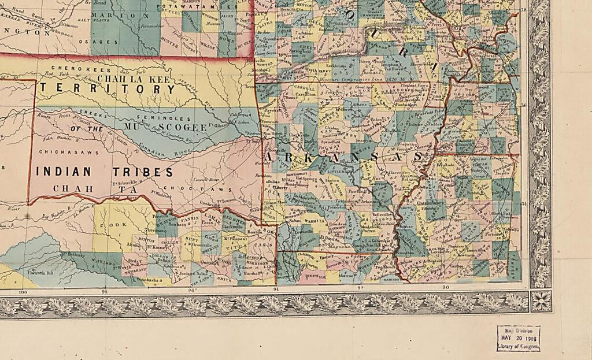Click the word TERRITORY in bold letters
click(x=107, y=90)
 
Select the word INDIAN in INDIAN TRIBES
click(x=64, y=172)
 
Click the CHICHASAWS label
click(x=62, y=152)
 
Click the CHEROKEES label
click(x=68, y=68)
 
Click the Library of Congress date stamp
click(x=518, y=338)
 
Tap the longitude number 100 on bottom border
click(x=23, y=291)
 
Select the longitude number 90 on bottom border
click(x=445, y=287)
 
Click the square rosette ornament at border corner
click(x=541, y=300)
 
